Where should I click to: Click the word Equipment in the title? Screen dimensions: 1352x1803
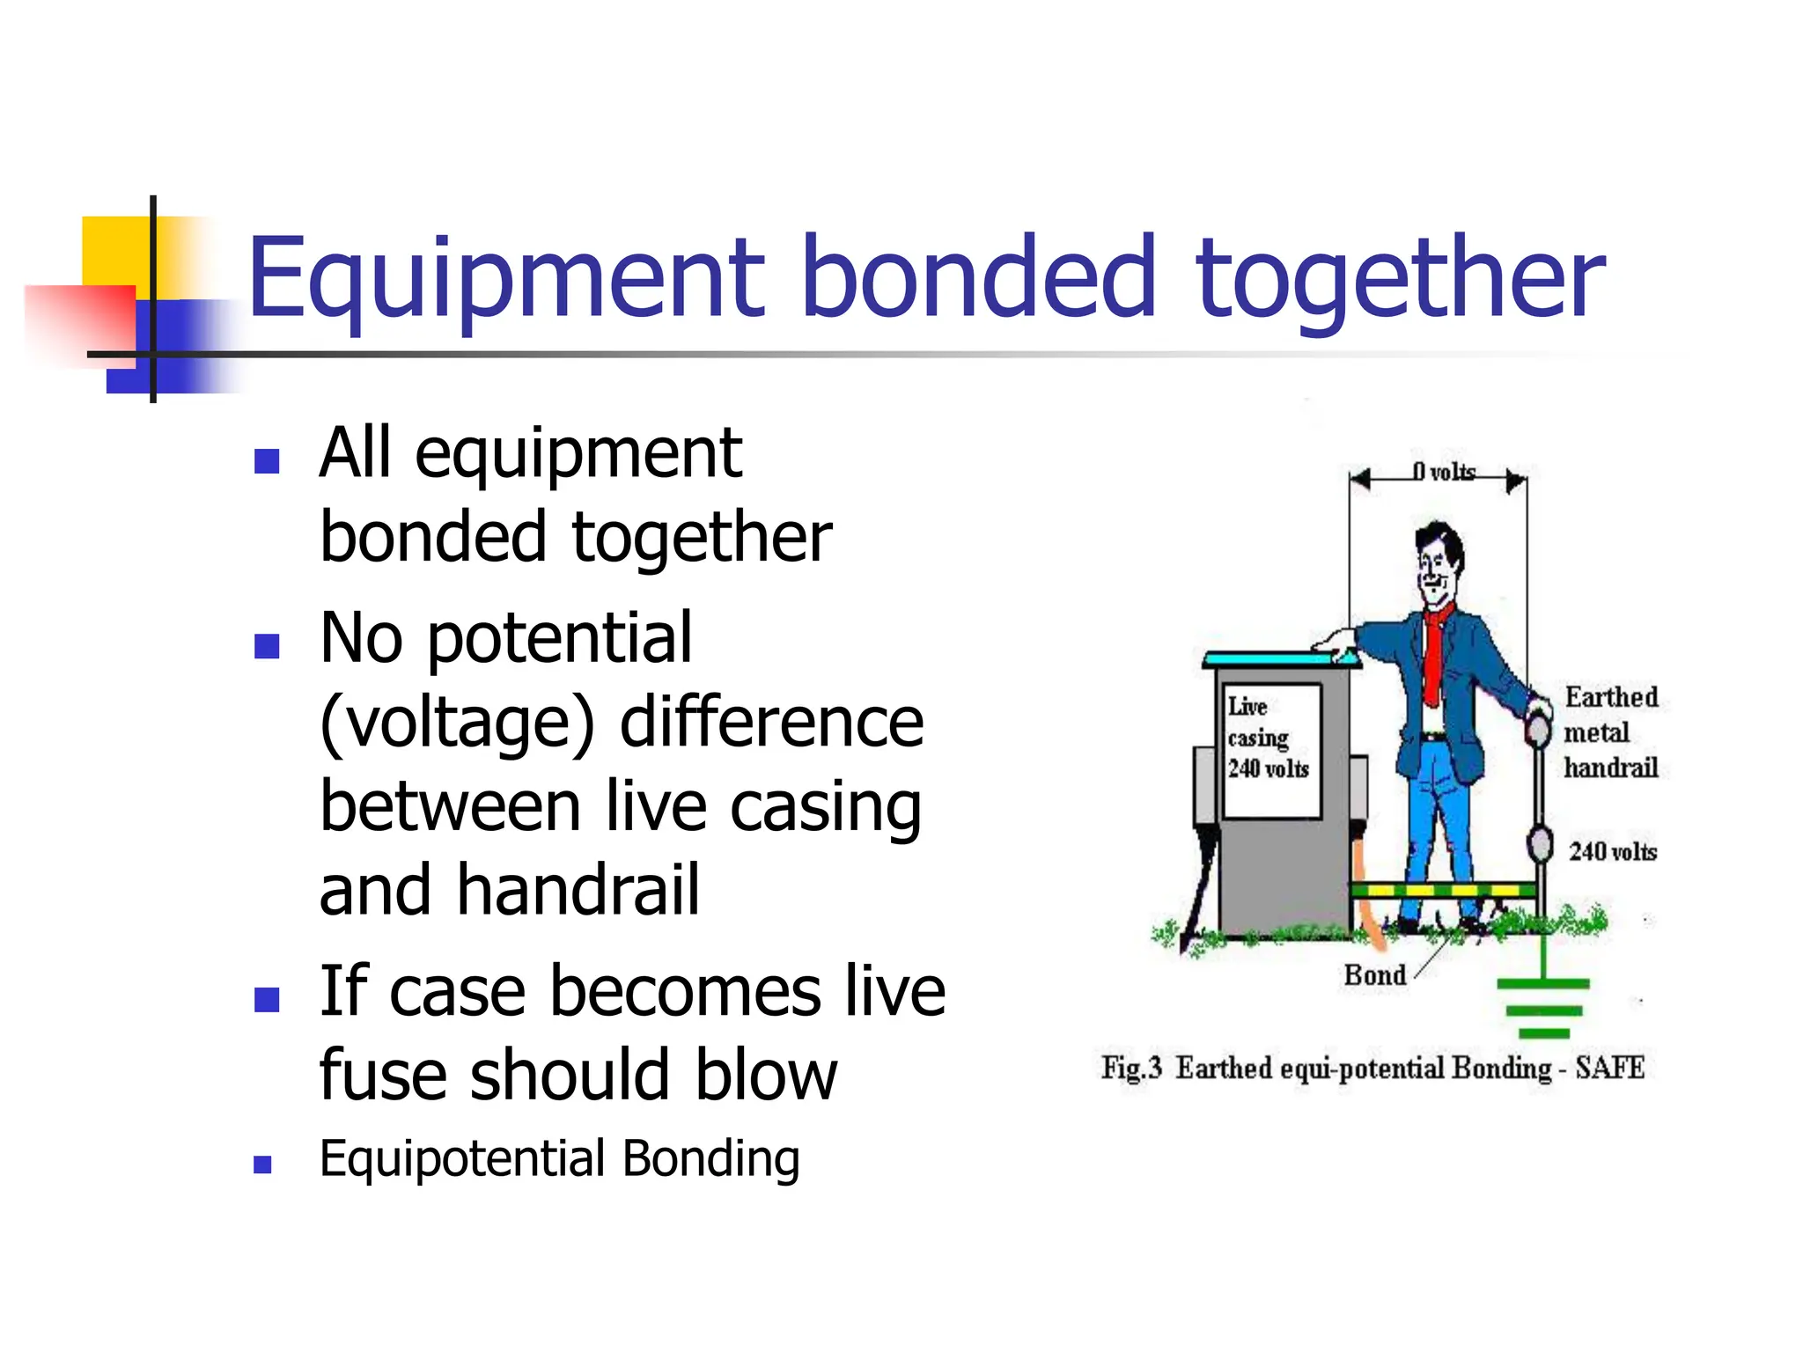[506, 280]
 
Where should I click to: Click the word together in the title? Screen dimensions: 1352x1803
[1400, 280]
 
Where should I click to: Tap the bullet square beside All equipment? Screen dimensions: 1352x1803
[266, 460]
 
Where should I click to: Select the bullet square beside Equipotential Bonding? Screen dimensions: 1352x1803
[262, 1165]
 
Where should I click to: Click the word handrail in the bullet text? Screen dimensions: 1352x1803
[578, 891]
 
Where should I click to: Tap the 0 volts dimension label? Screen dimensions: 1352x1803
[1444, 473]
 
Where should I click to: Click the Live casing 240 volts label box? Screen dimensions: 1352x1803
[1271, 750]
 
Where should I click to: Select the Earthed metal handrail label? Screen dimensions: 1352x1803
[1610, 732]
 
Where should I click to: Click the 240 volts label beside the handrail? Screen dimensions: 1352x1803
[1612, 851]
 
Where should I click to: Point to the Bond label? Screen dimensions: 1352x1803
[1374, 975]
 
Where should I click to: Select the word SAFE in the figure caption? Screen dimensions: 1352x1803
[1609, 1068]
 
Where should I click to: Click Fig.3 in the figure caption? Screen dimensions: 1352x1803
[1131, 1068]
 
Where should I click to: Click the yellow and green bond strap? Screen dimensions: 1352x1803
[1444, 891]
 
